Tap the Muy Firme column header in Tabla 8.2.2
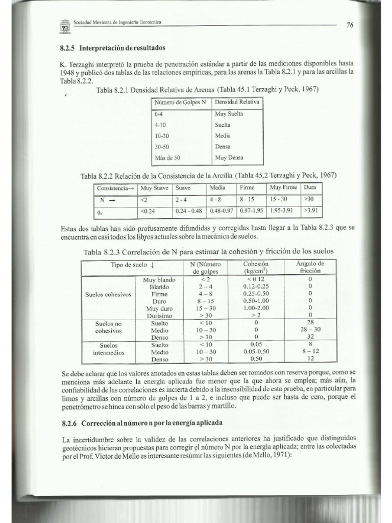[283, 187]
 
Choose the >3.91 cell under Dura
[311, 209]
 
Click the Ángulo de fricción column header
[310, 267]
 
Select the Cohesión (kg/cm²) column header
[256, 267]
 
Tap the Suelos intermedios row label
[109, 348]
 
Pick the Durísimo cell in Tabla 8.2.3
[159, 316]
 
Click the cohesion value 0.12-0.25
[256, 287]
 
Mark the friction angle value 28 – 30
[310, 330]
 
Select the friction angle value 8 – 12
[310, 352]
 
